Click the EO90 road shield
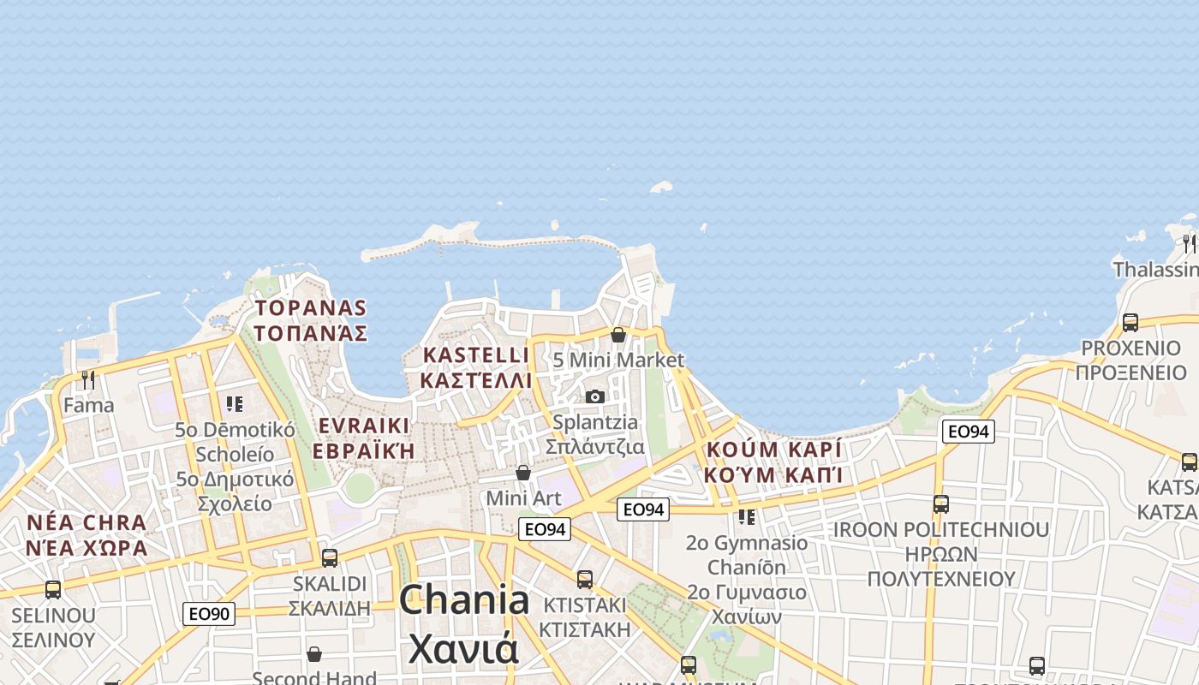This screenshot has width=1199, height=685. click(209, 613)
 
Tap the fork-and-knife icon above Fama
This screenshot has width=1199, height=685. click(88, 378)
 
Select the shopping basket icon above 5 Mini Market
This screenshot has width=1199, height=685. click(617, 335)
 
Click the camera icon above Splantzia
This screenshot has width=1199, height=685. click(595, 396)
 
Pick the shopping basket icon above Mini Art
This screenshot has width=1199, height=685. click(523, 473)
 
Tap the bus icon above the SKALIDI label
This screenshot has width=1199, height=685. click(330, 558)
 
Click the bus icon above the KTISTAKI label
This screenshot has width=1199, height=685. click(585, 580)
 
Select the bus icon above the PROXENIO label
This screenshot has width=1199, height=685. click(1130, 323)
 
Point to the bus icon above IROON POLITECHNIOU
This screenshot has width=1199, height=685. click(941, 504)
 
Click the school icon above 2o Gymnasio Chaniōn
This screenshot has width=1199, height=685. click(747, 517)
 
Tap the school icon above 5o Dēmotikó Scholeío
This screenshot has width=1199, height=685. click(235, 403)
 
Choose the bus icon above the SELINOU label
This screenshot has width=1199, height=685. click(53, 590)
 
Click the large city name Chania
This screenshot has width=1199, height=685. click(464, 599)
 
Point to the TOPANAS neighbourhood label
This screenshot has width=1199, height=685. click(311, 308)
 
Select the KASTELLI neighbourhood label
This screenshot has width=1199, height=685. click(476, 354)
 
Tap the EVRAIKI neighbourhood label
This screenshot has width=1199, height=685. click(363, 426)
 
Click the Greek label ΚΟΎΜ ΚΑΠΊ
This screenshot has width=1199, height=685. click(774, 474)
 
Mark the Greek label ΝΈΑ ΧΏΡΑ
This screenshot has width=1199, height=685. click(86, 547)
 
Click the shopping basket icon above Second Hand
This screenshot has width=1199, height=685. click(314, 654)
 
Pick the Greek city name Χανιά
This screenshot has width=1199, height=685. click(463, 648)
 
